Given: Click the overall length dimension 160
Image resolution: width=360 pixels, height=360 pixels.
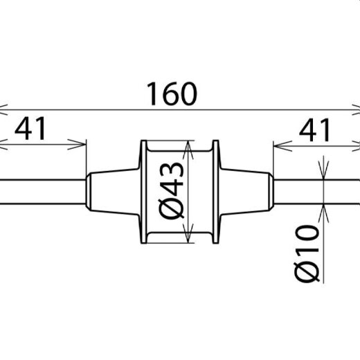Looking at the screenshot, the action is [x=172, y=94].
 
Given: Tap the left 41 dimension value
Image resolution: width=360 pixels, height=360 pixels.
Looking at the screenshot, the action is [x=30, y=129].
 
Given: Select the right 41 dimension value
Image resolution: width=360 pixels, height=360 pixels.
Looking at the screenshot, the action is [x=314, y=130].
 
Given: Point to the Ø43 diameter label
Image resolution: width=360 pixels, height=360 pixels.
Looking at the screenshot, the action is [x=172, y=190].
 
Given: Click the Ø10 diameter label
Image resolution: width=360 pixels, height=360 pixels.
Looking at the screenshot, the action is [x=307, y=253].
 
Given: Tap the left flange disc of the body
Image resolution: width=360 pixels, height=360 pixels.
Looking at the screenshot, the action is [x=143, y=192].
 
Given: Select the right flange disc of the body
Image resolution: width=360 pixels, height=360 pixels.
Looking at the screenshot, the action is [x=215, y=192].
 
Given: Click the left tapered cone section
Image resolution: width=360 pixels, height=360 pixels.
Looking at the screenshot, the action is [x=113, y=192].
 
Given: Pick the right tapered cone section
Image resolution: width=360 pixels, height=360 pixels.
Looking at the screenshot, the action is [x=246, y=192].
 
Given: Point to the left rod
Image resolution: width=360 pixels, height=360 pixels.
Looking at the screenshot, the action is [x=43, y=192].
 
